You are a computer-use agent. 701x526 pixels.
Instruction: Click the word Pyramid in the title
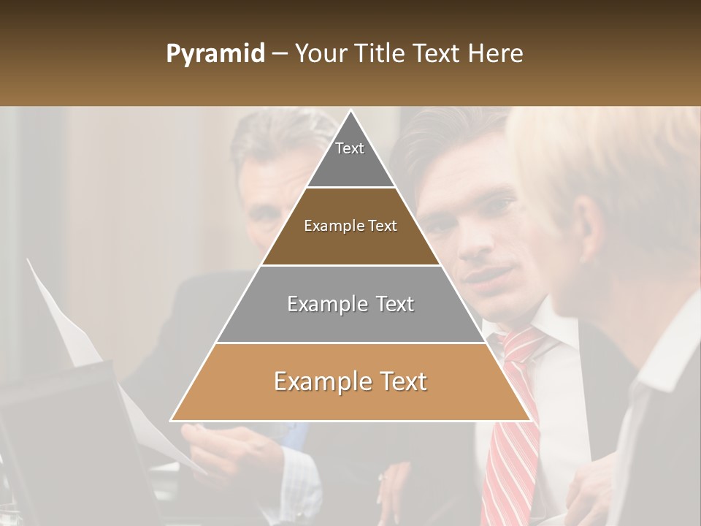(x=215, y=54)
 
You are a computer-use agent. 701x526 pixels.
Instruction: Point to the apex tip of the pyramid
(x=350, y=111)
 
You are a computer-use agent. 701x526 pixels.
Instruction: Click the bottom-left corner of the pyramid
(x=172, y=420)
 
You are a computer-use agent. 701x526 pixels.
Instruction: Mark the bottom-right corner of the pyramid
(x=529, y=420)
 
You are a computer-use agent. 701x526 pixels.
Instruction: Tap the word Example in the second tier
(x=326, y=226)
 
